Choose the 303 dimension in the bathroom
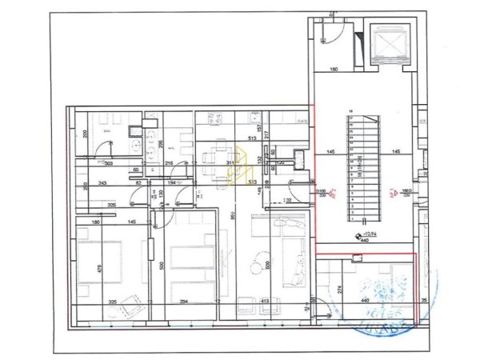click(109, 163)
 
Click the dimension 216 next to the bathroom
click(170, 163)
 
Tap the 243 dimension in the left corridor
click(102, 182)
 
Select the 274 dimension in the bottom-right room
click(338, 289)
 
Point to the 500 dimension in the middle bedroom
click(161, 266)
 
